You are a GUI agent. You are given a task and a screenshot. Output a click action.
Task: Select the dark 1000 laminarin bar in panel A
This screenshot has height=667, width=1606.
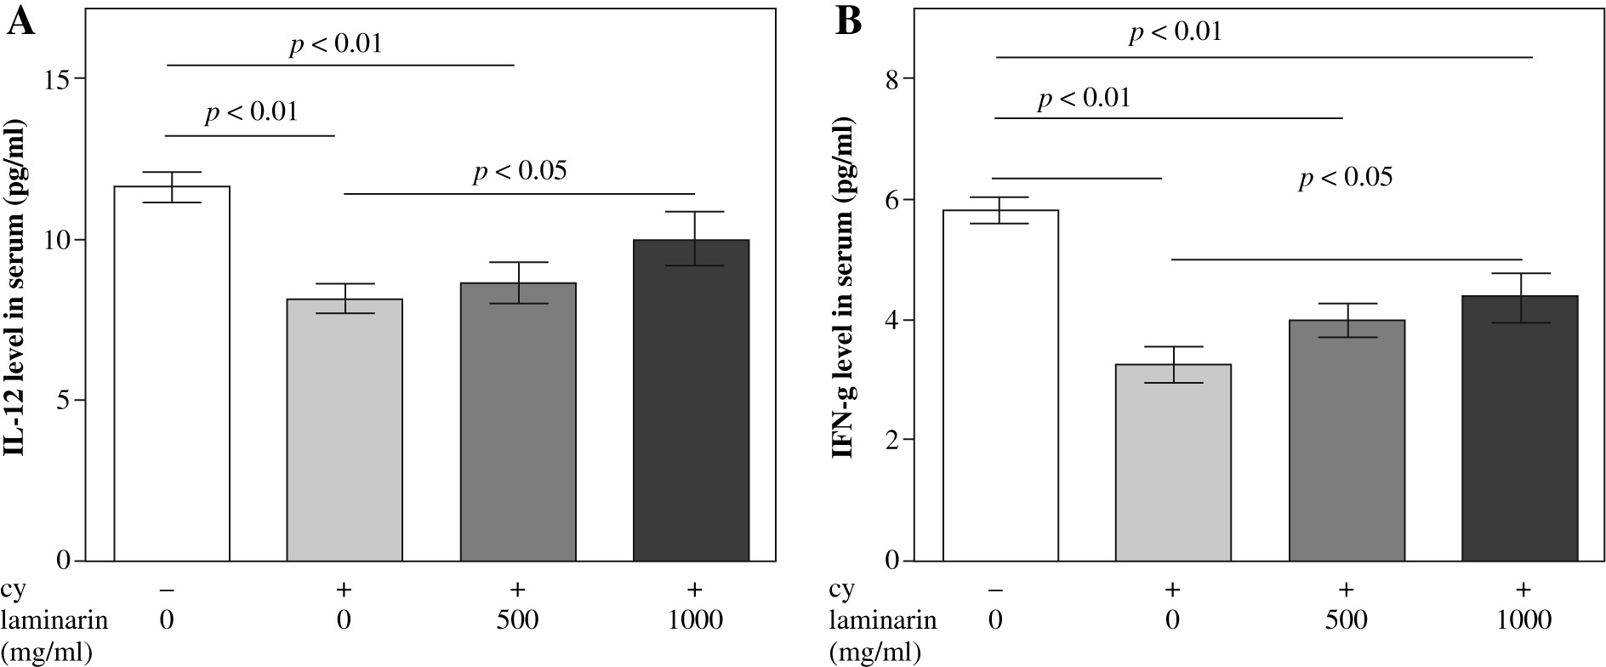691,400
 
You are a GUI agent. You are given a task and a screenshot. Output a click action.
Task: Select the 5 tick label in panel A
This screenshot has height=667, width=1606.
66,401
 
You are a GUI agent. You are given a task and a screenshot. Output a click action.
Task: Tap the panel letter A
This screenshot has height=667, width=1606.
20,22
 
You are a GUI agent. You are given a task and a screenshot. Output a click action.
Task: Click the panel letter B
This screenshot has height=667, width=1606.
849,22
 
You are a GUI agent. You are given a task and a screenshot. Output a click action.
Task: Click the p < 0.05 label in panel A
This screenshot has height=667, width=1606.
519,172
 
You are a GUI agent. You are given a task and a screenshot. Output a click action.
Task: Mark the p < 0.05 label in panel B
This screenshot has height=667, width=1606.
1345,178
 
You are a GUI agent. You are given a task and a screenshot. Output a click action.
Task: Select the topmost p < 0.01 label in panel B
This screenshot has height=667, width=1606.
1175,32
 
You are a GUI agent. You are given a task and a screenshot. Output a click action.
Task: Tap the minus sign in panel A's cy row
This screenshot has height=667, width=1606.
167,589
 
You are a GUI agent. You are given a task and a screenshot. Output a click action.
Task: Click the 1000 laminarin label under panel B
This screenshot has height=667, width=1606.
1523,619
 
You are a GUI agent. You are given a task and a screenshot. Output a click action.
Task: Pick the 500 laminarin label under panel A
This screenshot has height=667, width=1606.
517,619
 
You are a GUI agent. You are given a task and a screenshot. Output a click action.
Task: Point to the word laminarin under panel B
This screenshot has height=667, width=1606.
883,619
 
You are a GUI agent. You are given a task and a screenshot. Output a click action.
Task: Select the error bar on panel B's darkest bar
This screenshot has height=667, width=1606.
1520,298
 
